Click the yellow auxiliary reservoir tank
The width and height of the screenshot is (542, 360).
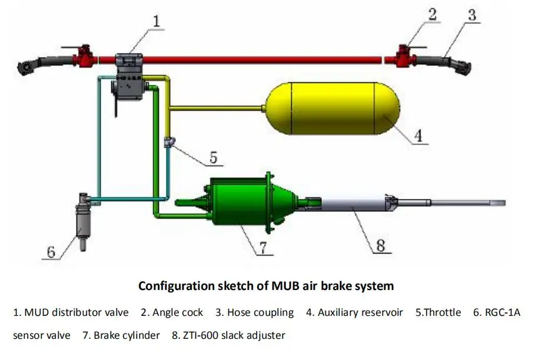pos(332,109)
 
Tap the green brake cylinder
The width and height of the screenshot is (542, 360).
pos(241,203)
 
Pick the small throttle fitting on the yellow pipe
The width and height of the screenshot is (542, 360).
pos(169,142)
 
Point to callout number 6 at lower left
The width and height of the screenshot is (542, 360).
pos(51,253)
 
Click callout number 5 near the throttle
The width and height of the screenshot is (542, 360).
pos(213,157)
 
